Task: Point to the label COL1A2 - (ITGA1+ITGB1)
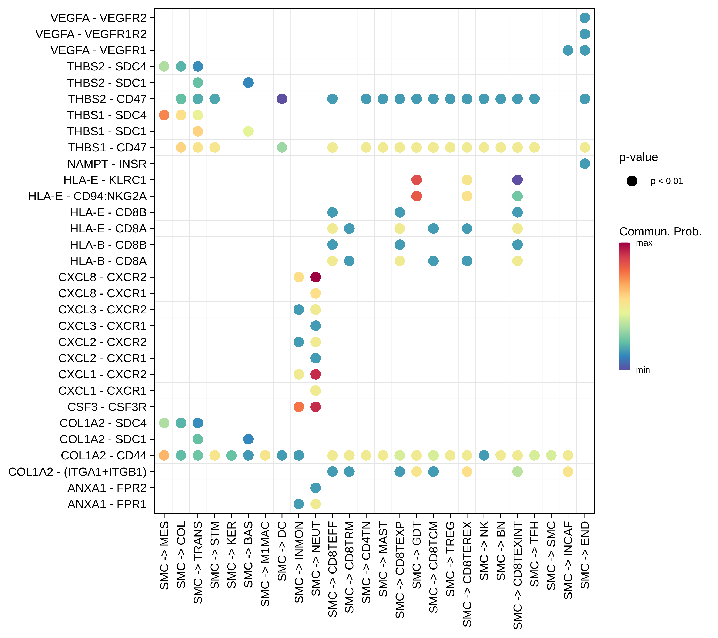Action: [x=77, y=471]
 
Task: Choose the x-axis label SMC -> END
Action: [x=585, y=555]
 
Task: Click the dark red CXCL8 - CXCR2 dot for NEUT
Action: [x=315, y=277]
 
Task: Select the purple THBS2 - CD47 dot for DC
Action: [x=282, y=99]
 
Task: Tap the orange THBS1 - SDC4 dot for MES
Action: [x=164, y=115]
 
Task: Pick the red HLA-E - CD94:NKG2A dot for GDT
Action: [x=416, y=196]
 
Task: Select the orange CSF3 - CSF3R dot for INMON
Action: [x=298, y=407]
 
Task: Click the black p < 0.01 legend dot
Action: [x=632, y=181]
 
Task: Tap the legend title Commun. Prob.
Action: [x=660, y=232]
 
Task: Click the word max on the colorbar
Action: [x=644, y=243]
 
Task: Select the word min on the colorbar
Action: [x=643, y=370]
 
